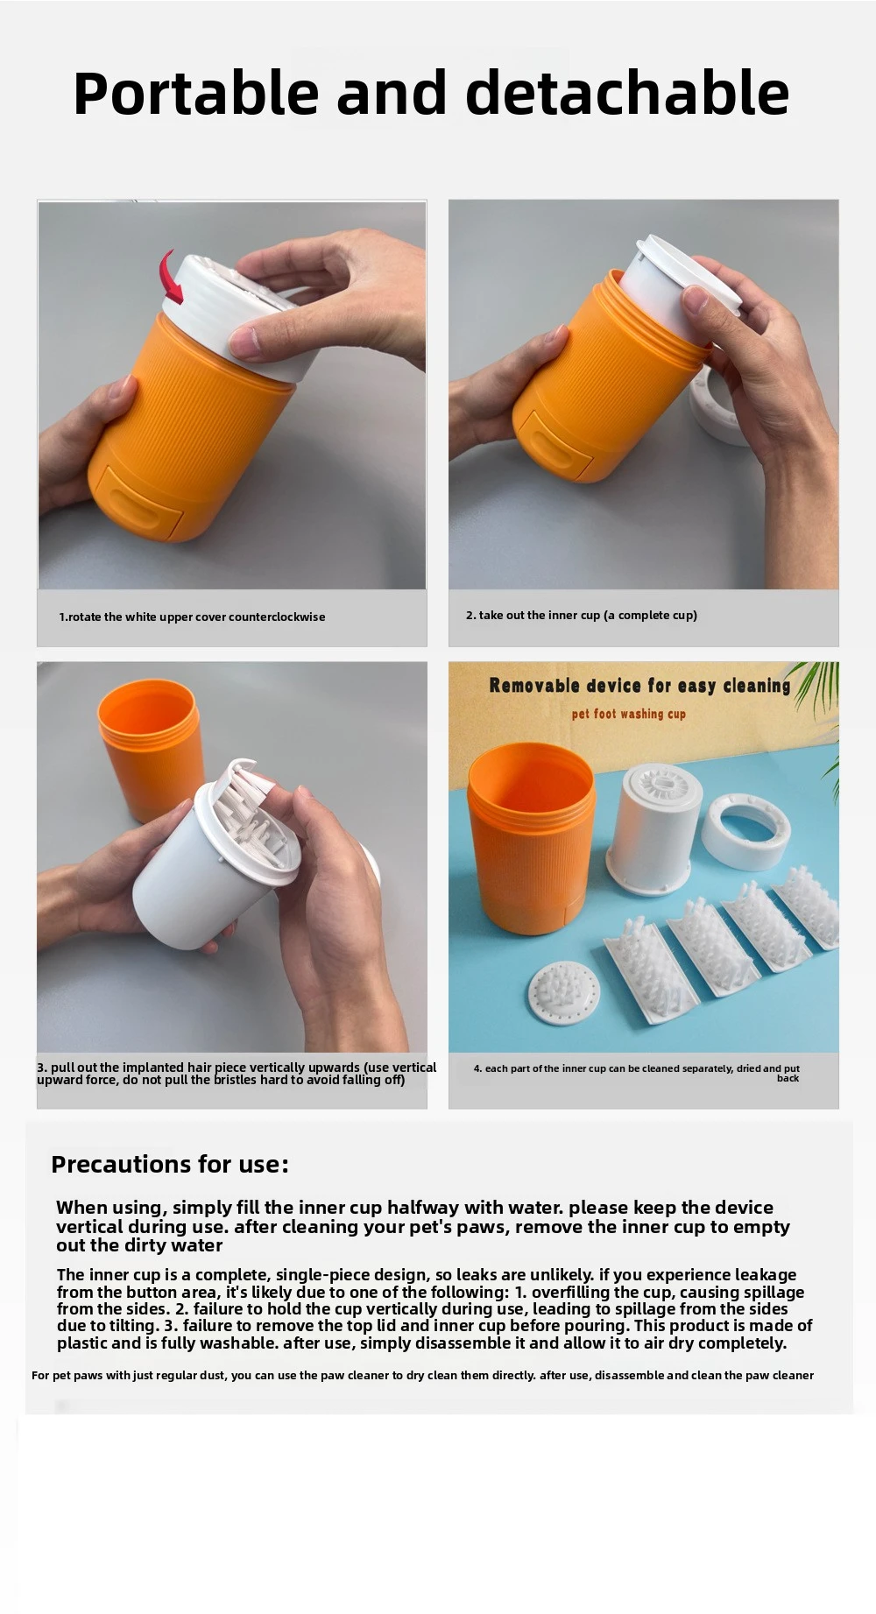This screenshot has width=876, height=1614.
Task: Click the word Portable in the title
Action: pyautogui.click(x=196, y=93)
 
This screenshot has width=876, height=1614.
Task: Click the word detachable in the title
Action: pyautogui.click(x=627, y=93)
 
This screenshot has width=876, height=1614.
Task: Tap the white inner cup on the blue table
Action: pyautogui.click(x=653, y=828)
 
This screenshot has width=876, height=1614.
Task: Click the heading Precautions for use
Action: pyautogui.click(x=170, y=1164)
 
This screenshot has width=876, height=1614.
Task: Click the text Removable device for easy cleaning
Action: pyautogui.click(x=639, y=686)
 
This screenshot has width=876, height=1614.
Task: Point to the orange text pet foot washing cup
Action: pyautogui.click(x=629, y=714)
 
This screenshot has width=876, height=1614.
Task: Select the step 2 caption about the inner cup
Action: pyautogui.click(x=582, y=615)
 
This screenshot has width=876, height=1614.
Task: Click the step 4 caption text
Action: pyautogui.click(x=637, y=1073)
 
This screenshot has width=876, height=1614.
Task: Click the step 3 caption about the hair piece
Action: pyautogui.click(x=237, y=1073)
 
